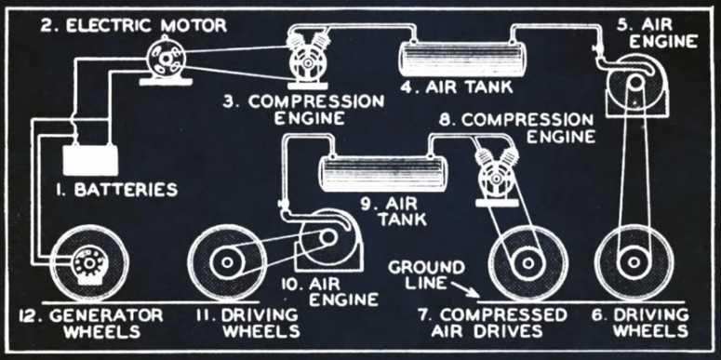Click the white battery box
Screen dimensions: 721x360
pyautogui.click(x=90, y=160)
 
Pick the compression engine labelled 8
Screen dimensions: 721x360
pyautogui.click(x=496, y=177)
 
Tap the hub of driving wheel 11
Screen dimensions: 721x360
pyautogui.click(x=227, y=262)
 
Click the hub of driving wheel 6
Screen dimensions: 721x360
pyautogui.click(x=634, y=262)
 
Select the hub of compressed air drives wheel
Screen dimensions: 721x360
pyautogui.click(x=527, y=262)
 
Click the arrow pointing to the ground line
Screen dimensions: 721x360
pyautogui.click(x=465, y=289)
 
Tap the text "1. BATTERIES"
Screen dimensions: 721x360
pyautogui.click(x=116, y=190)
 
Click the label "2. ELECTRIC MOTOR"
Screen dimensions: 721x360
pyautogui.click(x=134, y=25)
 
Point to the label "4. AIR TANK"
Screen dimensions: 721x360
pyautogui.click(x=455, y=87)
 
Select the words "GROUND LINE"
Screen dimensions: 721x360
pyautogui.click(x=427, y=275)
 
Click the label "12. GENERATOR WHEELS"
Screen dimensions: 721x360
pyautogui.click(x=91, y=323)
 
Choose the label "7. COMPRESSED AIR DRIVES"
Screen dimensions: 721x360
pyautogui.click(x=492, y=323)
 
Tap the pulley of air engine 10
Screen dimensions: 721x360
pyautogui.click(x=327, y=237)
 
